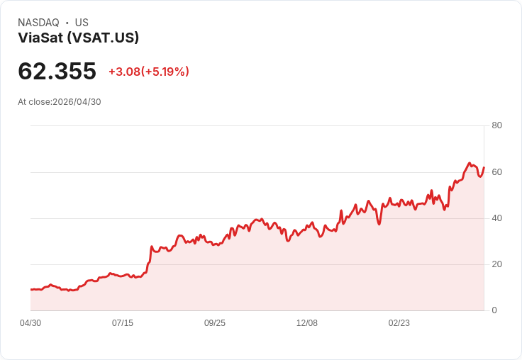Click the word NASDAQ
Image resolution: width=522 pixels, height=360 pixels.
[x=38, y=23]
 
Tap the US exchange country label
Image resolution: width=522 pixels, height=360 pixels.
[x=82, y=23]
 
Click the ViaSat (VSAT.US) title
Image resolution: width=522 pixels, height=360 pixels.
[x=78, y=38]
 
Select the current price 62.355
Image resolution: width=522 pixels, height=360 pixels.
[x=57, y=71]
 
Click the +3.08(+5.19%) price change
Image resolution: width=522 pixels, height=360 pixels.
[x=149, y=72]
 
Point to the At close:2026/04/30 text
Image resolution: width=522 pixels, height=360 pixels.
[x=60, y=102]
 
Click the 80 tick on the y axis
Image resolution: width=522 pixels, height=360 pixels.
[x=496, y=125]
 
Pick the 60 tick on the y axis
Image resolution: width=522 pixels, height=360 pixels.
[x=496, y=172]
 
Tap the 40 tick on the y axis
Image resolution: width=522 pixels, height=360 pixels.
[x=496, y=218]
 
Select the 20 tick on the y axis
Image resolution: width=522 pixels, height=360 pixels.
[x=496, y=264]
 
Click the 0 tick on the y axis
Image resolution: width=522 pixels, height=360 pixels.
[x=494, y=310]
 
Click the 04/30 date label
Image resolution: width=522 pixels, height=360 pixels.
[x=30, y=323]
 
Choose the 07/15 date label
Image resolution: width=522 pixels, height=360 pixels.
[x=123, y=323]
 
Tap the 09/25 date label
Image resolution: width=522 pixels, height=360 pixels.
[x=215, y=323]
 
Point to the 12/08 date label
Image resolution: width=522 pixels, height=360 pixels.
[x=307, y=323]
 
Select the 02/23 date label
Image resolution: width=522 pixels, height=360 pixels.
[x=399, y=323]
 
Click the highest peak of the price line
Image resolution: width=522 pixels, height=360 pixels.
[x=470, y=163]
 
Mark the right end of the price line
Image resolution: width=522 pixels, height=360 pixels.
[x=484, y=167]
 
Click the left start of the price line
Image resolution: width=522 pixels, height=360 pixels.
[x=31, y=289]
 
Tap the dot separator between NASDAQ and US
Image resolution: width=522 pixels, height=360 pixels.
[x=67, y=23]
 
